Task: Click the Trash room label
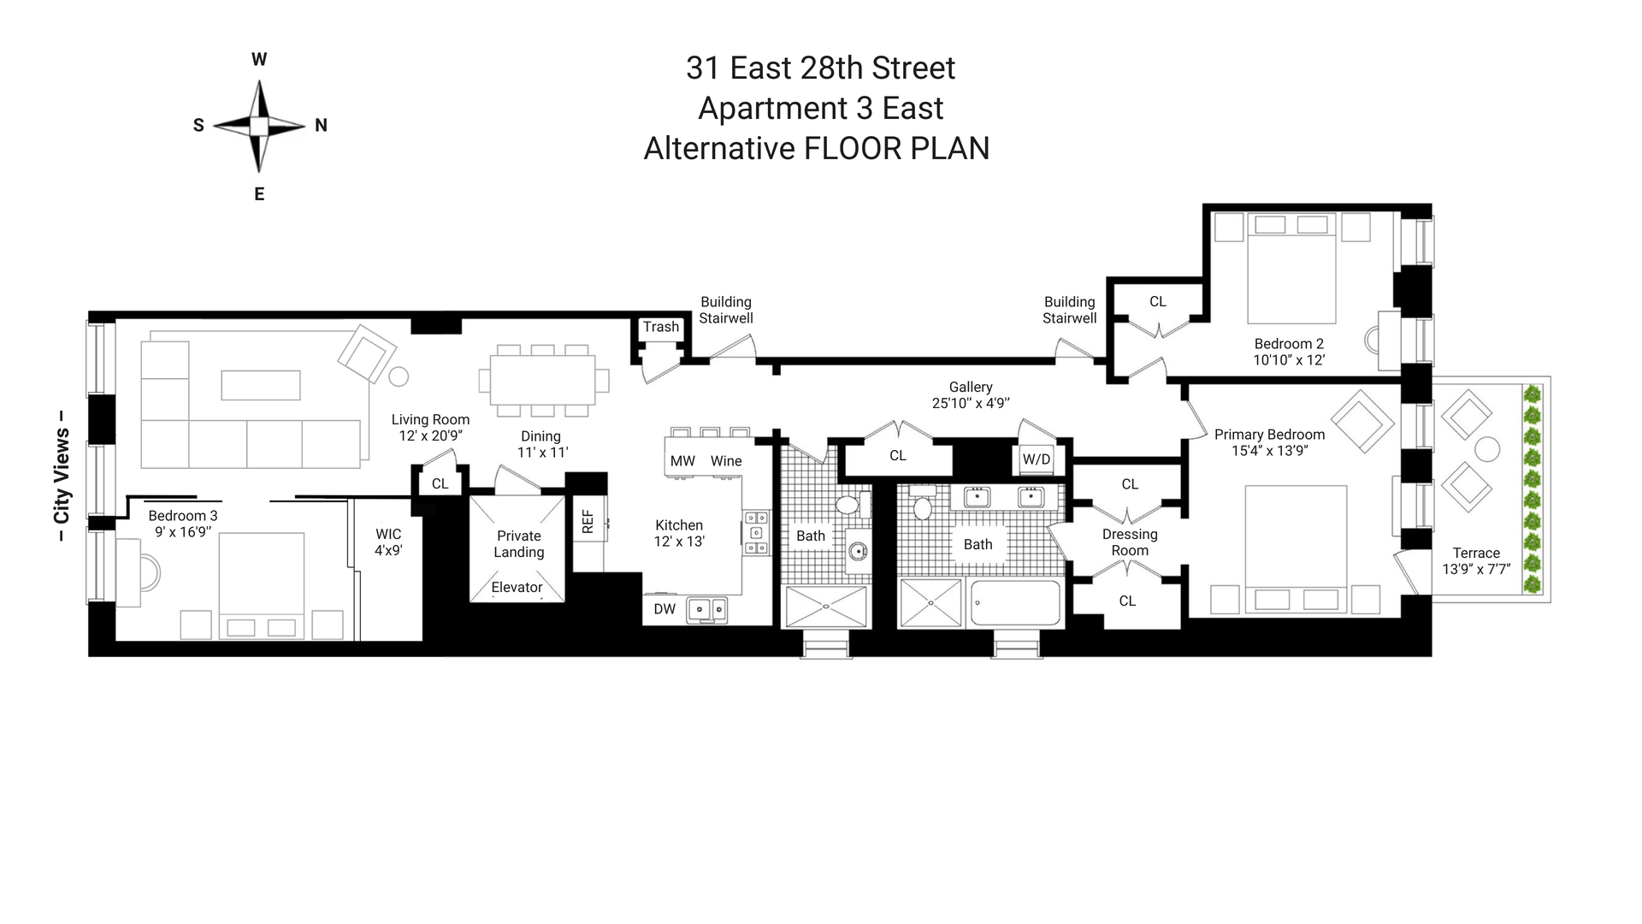661,327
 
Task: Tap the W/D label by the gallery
1037,459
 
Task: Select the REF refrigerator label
588,522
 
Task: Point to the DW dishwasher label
664,609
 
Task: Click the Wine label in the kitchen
726,461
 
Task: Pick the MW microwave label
682,461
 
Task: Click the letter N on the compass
322,126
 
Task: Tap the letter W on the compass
259,60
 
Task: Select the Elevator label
517,587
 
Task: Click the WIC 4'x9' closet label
388,542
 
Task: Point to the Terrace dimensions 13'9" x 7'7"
1476,569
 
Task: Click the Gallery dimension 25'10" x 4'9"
971,403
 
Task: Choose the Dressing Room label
1130,542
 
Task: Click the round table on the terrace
1487,449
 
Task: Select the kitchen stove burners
756,533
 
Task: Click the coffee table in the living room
261,385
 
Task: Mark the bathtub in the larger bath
1015,602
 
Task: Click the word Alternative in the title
719,149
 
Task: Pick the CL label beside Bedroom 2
1158,301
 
